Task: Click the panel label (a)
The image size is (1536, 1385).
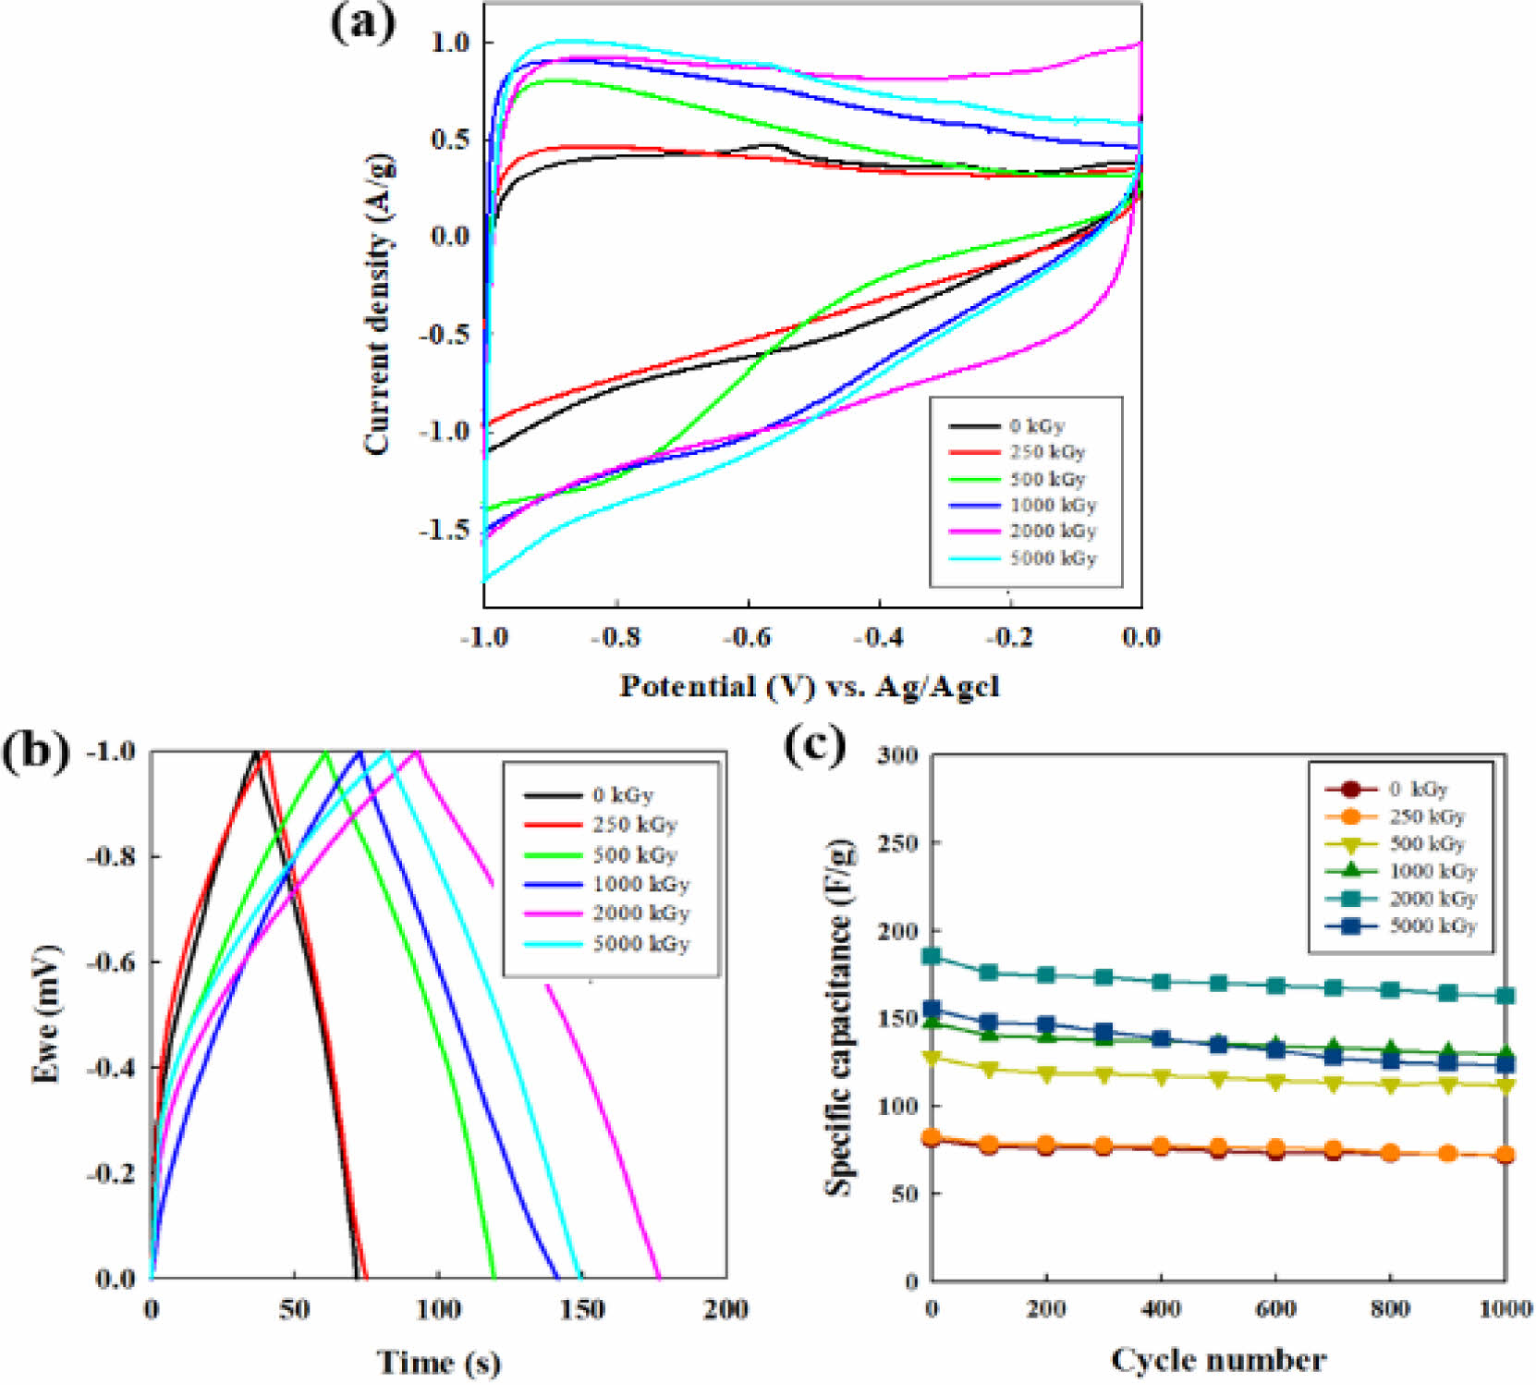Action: click(363, 24)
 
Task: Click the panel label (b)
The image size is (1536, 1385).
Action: click(35, 752)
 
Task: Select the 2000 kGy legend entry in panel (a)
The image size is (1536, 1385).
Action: click(1052, 532)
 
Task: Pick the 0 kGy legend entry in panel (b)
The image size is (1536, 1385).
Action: click(622, 795)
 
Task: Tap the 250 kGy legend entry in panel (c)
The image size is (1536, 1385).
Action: click(1427, 816)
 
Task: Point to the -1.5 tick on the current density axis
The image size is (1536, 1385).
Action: click(445, 529)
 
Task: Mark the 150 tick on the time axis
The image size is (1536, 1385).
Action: click(582, 1309)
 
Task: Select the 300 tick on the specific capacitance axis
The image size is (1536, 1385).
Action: click(897, 754)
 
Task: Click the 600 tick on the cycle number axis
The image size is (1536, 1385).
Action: click(1276, 1309)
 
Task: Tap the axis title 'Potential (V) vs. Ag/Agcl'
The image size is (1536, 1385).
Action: click(810, 687)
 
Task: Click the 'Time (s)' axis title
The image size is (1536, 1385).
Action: click(438, 1362)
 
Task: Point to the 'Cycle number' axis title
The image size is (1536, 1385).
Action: click(1218, 1360)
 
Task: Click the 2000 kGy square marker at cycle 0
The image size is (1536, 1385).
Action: click(933, 956)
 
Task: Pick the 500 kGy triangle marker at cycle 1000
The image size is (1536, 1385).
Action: click(1506, 1085)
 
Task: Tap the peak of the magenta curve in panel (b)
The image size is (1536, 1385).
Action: click(417, 752)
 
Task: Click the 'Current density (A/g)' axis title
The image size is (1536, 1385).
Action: click(378, 305)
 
